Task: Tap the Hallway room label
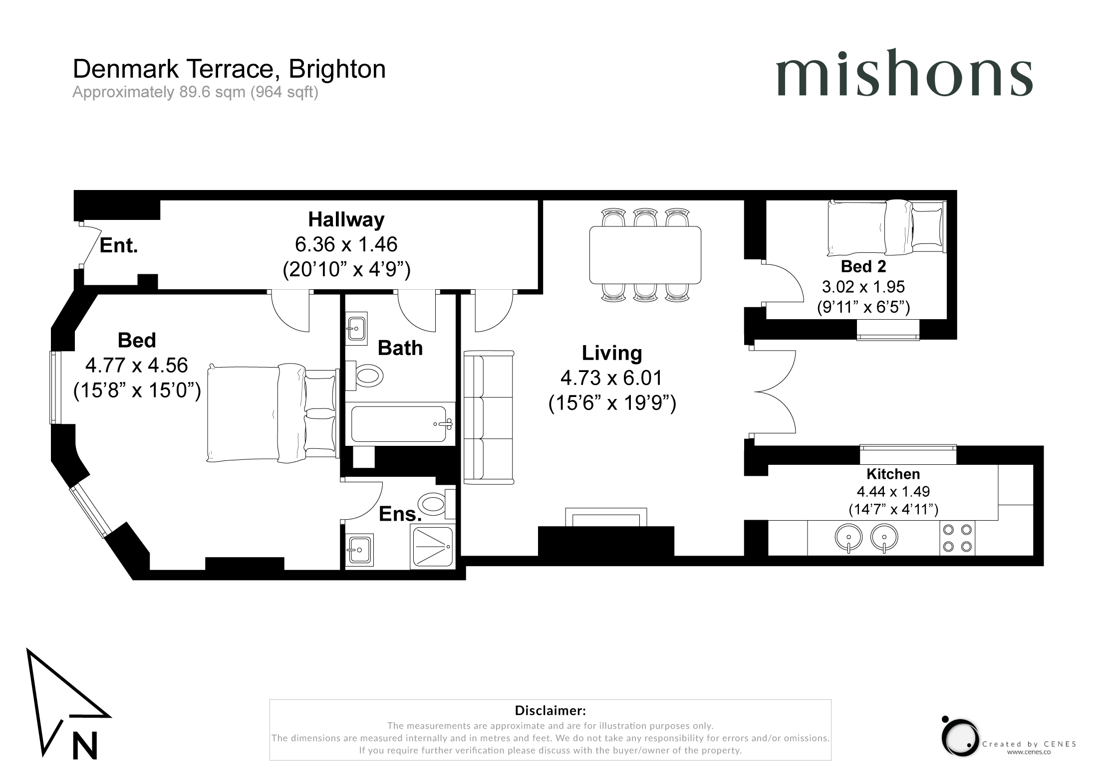[346, 219]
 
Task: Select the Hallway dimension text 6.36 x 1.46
[346, 244]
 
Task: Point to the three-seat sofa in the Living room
[489, 417]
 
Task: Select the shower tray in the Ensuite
[432, 547]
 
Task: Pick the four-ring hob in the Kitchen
[957, 538]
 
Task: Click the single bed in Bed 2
[886, 227]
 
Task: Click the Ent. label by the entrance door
[119, 245]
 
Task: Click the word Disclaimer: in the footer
[550, 710]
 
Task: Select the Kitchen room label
[893, 474]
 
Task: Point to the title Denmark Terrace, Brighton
[229, 69]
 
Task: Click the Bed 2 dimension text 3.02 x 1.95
[863, 287]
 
